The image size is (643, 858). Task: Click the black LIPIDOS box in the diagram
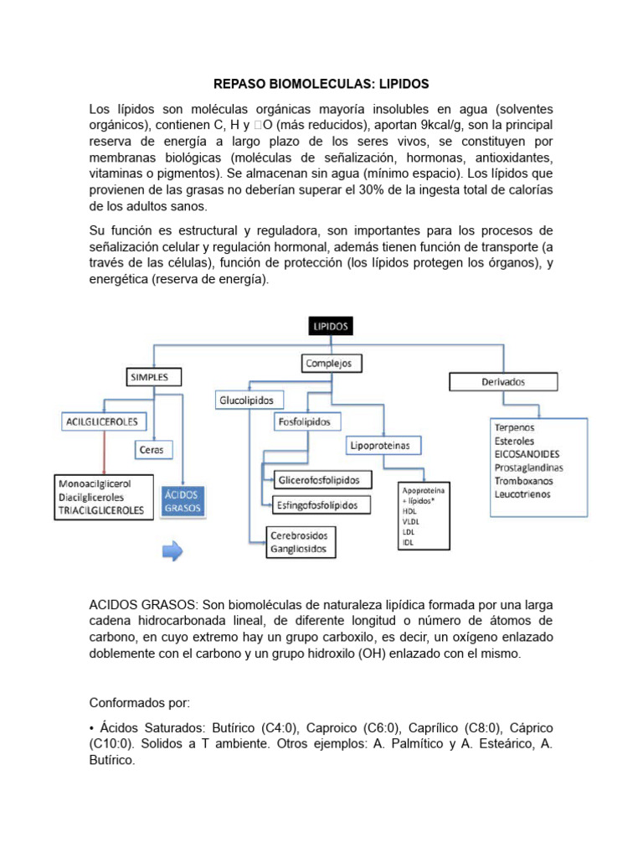coord(331,326)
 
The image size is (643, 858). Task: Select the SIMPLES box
coord(149,378)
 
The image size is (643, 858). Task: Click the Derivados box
coord(503,381)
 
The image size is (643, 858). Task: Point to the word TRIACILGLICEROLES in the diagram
coord(101,509)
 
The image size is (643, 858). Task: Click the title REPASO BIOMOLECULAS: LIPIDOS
coord(321,85)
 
